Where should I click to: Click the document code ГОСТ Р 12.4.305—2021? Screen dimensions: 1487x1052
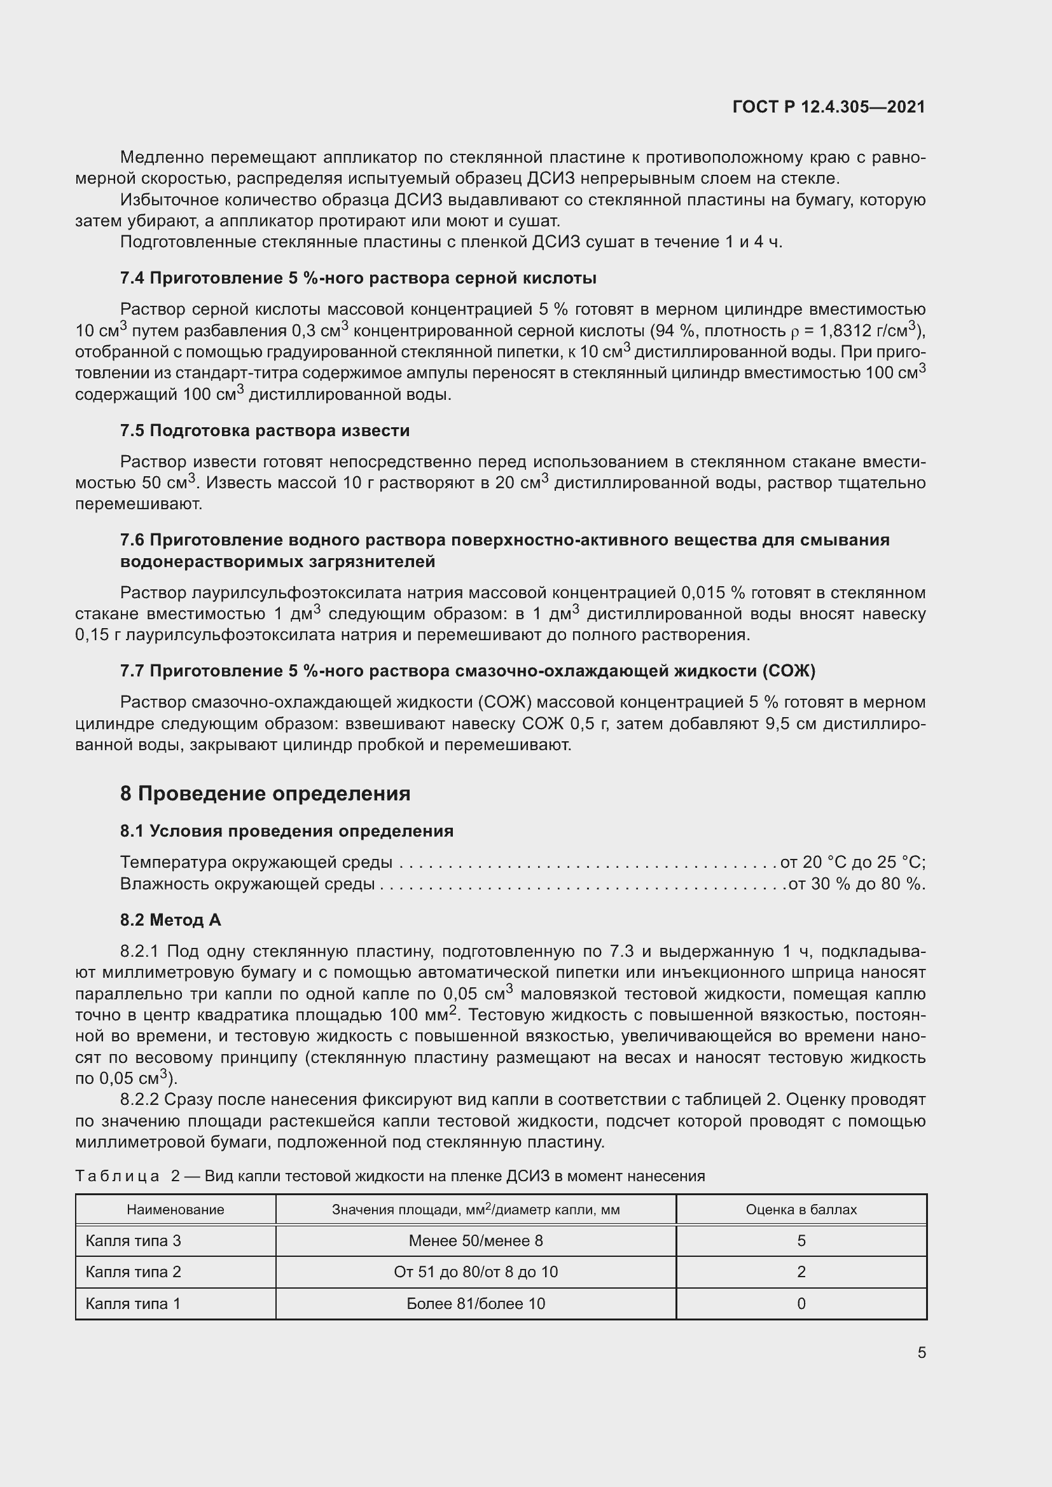tap(829, 107)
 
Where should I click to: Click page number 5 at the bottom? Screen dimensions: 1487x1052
tap(921, 1352)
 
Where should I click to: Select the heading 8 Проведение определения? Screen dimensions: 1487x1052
tap(265, 793)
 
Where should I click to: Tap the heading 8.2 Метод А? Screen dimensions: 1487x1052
tap(170, 920)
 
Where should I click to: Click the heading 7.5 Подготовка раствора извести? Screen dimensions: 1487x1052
tap(265, 430)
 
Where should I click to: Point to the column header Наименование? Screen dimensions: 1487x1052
tap(175, 1209)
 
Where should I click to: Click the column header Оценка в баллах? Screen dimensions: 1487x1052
tap(801, 1209)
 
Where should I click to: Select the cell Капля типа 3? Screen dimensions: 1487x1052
tap(134, 1240)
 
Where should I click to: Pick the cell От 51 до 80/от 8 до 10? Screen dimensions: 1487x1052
tap(476, 1271)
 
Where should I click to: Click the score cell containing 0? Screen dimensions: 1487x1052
tap(801, 1303)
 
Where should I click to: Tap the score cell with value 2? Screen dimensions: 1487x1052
tap(801, 1271)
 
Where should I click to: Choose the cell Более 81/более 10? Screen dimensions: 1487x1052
tap(476, 1303)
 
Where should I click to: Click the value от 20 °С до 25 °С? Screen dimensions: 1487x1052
tap(852, 862)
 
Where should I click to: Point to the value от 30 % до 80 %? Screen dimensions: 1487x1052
tap(856, 884)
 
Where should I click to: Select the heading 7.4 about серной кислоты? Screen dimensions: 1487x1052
tap(357, 278)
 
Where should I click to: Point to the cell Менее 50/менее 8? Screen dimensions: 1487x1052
tap(476, 1240)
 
